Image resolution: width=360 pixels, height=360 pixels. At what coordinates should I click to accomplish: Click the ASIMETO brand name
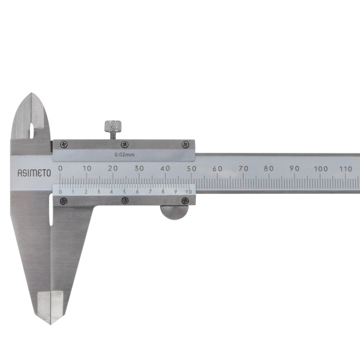coord(34,173)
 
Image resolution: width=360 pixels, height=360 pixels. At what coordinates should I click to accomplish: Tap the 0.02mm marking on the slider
coord(124,155)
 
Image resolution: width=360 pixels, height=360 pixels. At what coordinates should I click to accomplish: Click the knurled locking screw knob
coord(113,126)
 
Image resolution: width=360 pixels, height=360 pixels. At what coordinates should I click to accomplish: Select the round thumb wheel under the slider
coord(175,212)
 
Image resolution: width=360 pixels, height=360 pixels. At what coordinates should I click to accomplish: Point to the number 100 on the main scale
coord(321,169)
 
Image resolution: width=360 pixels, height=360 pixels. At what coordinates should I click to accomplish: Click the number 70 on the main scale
coord(244,169)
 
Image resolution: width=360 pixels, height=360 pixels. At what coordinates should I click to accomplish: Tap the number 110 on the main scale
coord(346,169)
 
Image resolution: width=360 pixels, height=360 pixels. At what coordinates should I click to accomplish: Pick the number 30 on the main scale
coord(139,168)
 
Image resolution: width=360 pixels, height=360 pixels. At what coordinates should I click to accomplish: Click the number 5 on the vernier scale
coord(124,192)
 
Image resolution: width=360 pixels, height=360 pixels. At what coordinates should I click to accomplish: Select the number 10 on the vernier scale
coord(189,192)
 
